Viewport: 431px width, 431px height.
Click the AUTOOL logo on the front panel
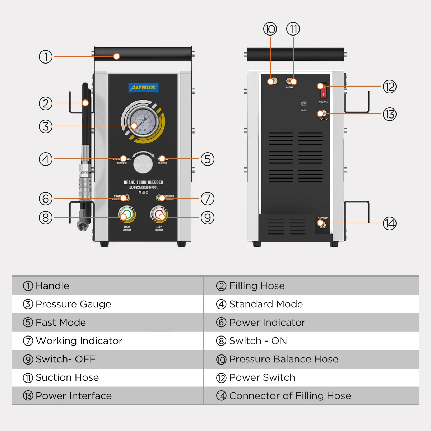click(143, 88)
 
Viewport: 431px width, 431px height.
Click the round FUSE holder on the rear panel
click(303, 103)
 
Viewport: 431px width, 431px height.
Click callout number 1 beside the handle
click(46, 57)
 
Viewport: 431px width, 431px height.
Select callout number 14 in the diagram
click(389, 223)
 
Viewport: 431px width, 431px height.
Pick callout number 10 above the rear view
click(270, 29)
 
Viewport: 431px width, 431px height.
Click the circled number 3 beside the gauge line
click(46, 126)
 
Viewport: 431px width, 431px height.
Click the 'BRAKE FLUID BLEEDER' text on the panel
click(143, 182)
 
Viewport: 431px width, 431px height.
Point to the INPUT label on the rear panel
click(289, 87)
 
